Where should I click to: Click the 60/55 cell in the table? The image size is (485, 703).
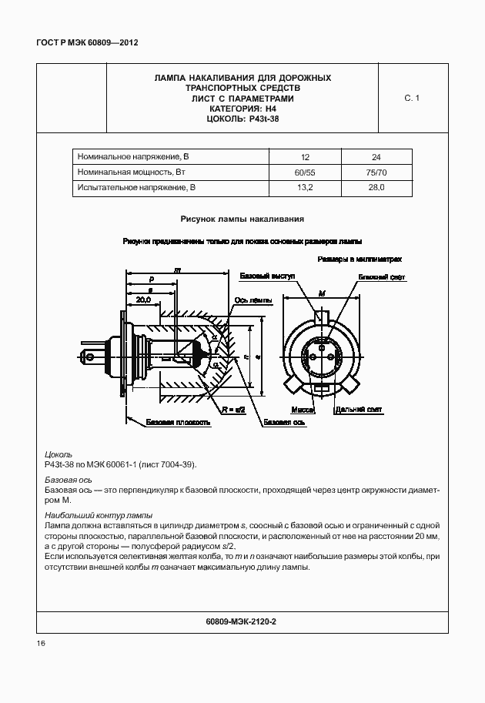tap(305, 171)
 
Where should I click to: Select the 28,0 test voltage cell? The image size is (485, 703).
tap(376, 187)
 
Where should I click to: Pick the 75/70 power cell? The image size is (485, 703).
tap(376, 171)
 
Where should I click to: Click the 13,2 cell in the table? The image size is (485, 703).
tap(305, 187)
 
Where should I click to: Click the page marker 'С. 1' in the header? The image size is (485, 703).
tap(412, 98)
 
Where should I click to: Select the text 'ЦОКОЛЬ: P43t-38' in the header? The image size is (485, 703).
tap(242, 119)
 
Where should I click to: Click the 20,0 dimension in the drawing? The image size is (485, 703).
tap(142, 300)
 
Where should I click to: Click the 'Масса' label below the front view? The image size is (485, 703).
tap(303, 410)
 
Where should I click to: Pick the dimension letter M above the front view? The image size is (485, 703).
tap(321, 293)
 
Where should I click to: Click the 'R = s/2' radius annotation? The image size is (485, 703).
tap(232, 410)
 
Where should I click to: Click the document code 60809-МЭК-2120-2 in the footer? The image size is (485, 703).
tap(242, 621)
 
